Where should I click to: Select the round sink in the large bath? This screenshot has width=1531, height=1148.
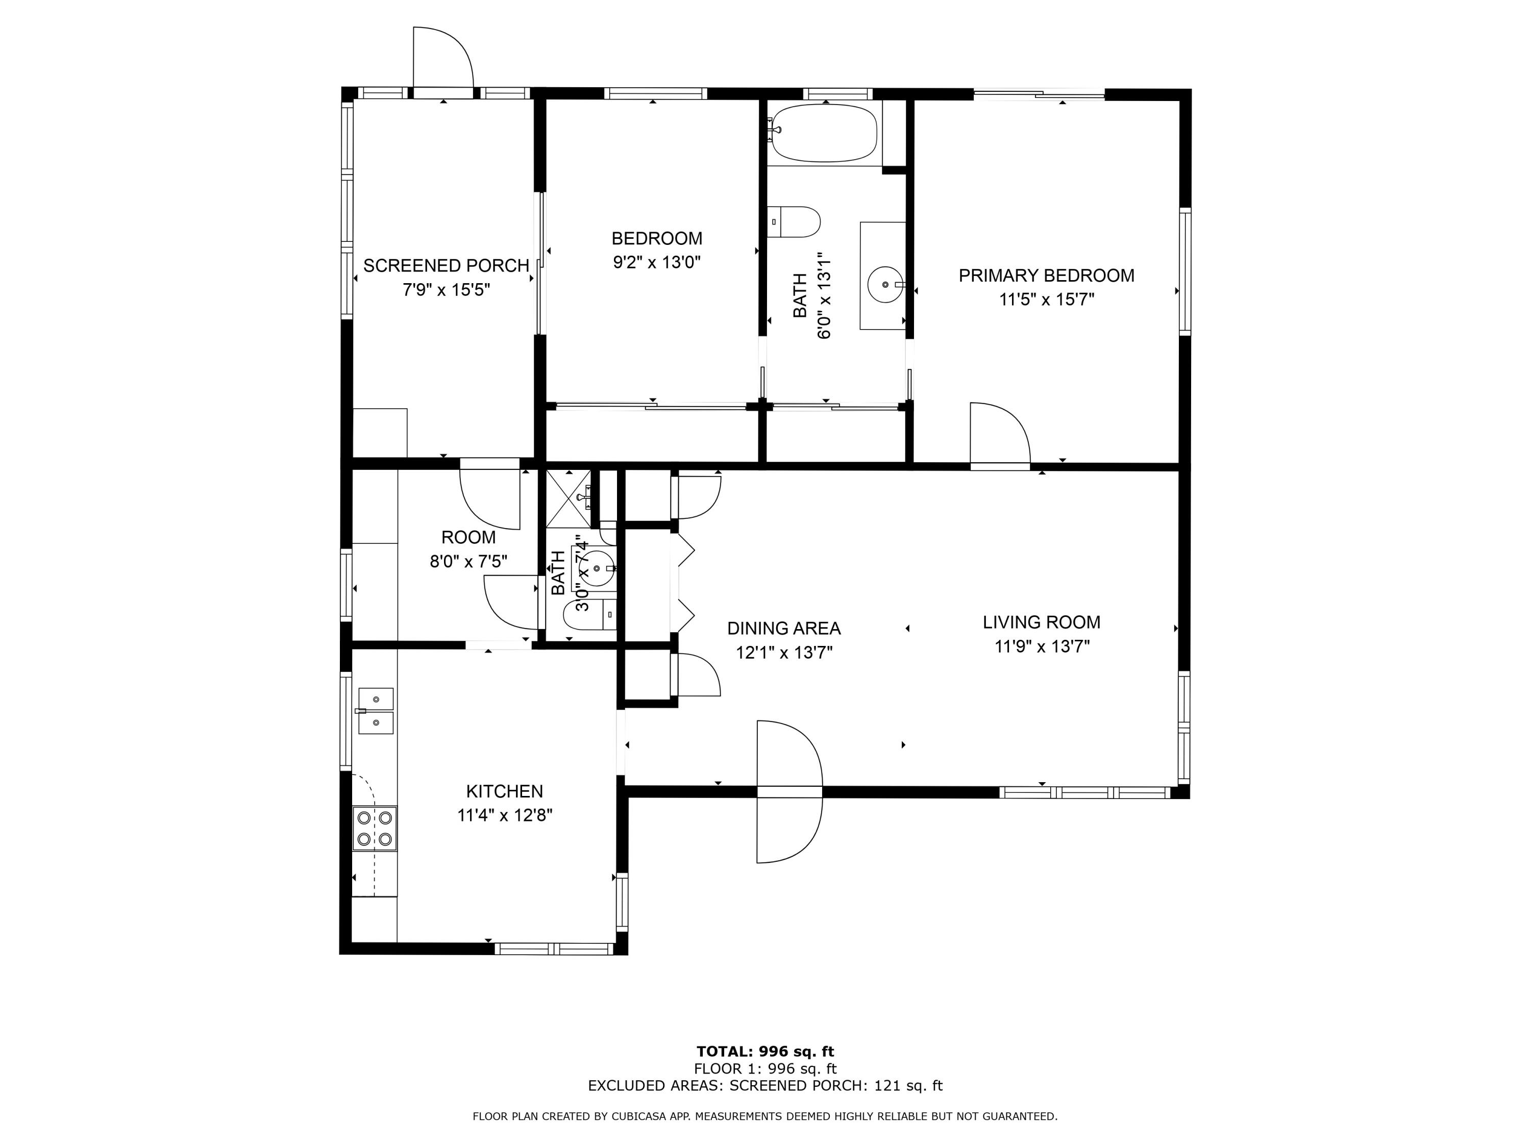[x=886, y=284]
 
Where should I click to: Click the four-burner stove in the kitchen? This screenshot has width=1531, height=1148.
[x=375, y=828]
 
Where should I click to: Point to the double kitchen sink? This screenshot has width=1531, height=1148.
[x=376, y=711]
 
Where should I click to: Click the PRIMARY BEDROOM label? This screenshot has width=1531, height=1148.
[x=1046, y=276]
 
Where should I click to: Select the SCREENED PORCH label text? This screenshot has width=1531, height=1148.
[x=447, y=266]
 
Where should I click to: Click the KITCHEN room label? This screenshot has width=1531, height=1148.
[x=505, y=791]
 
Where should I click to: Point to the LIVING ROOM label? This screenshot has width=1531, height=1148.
[x=1042, y=622]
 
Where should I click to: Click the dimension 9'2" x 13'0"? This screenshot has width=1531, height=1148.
[x=657, y=262]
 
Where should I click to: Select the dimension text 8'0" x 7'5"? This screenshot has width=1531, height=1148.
[x=468, y=561]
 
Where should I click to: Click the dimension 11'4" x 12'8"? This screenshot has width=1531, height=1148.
[x=505, y=815]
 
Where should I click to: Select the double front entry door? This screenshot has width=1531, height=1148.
[x=789, y=792]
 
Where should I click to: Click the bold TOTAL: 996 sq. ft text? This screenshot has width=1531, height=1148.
[x=765, y=1052]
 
